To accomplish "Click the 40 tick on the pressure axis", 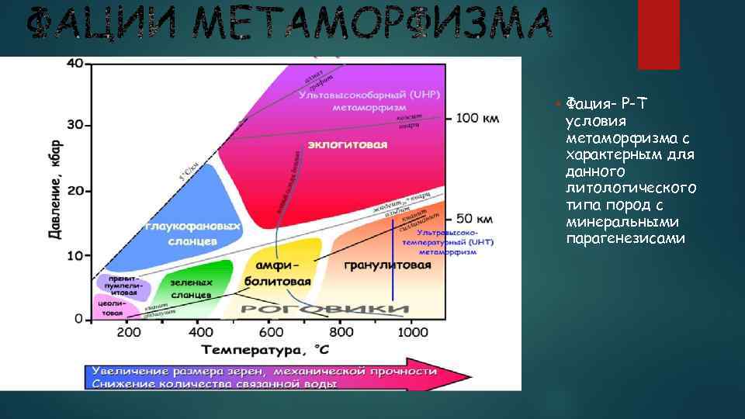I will pos(74,63).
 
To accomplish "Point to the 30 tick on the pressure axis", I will pos(74,125).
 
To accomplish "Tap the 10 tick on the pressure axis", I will pos(74,255).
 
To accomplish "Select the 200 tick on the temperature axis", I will pos(129,332).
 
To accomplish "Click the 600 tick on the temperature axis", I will pos(270,332).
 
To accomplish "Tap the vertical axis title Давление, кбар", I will pos(57,191).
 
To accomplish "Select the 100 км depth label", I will pos(477,118).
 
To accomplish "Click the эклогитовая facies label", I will pos(348,145).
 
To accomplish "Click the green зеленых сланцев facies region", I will pos(192,283).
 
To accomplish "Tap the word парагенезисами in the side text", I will pos(625,238).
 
